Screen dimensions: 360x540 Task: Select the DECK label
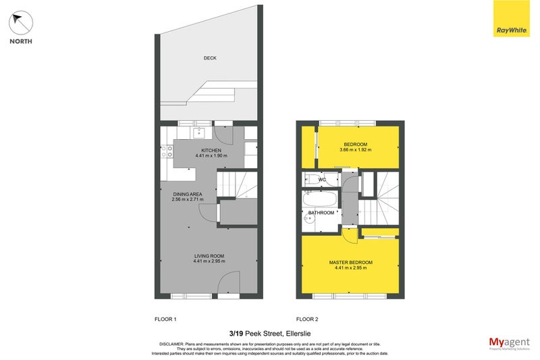210,58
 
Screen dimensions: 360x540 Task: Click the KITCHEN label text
212,150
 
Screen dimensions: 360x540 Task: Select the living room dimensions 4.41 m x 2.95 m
209,261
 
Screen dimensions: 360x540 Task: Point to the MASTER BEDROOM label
350,261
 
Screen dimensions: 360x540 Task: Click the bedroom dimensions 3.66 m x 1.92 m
355,151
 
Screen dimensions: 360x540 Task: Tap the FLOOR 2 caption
308,318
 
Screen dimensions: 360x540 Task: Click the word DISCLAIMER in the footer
172,343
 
